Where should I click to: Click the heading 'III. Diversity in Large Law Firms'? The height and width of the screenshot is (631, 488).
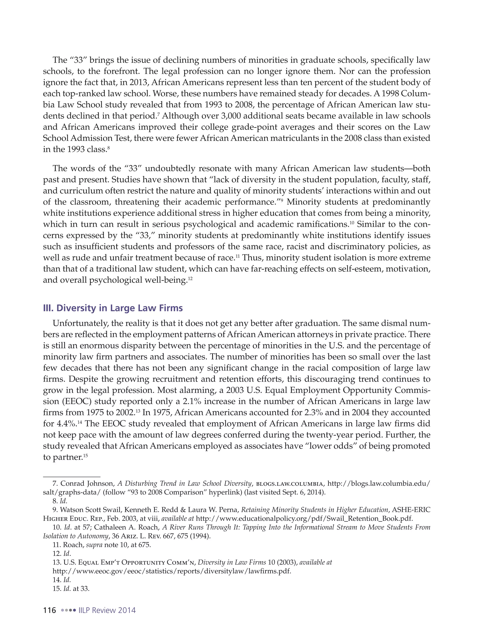[113, 308]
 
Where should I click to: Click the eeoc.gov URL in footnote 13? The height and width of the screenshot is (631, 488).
[172, 571]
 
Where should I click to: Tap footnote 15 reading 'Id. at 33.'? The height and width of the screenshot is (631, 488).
[71, 589]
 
